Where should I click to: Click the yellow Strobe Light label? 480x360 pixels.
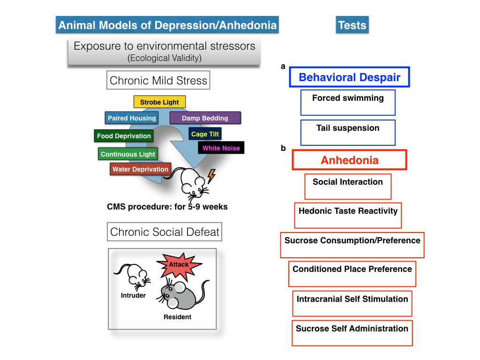pos(159,102)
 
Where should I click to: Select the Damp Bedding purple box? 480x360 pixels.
pos(205,118)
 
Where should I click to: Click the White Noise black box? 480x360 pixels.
pos(221,148)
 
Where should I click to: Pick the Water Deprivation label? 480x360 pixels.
pos(140,169)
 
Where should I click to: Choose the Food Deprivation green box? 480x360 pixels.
pos(124,136)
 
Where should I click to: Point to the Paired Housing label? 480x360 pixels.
pos(131,118)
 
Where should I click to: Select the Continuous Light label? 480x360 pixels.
pos(127,154)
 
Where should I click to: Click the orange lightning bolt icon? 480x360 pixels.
pos(211,176)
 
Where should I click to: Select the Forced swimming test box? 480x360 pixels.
pos(348,102)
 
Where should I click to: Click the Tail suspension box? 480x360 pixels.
pos(348,132)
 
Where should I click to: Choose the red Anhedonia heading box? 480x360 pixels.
pos(349,160)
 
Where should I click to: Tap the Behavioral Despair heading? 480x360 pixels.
pos(349,77)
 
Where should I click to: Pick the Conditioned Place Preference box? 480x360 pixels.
pos(352,273)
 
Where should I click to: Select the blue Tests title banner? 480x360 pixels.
pos(352,25)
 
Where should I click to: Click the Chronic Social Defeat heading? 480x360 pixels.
pos(165,232)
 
